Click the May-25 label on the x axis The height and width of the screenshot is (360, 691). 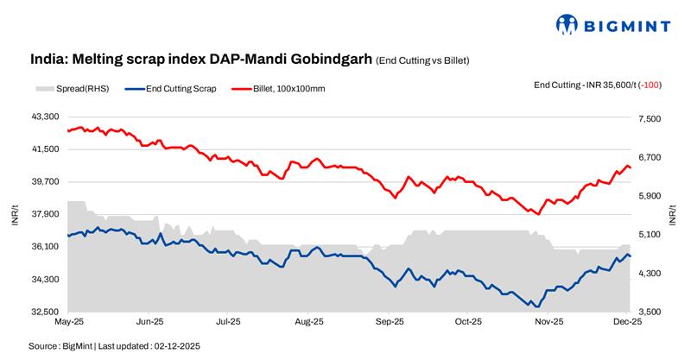click(x=69, y=321)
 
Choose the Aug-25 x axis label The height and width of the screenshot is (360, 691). click(x=308, y=321)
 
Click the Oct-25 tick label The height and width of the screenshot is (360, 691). click(x=468, y=321)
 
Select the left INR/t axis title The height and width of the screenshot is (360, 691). click(x=15, y=215)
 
